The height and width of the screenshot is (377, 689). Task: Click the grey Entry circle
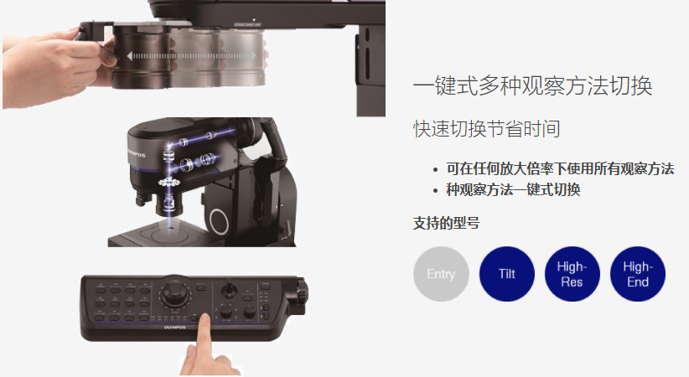click(x=441, y=274)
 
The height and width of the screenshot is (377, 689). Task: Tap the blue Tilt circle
click(x=506, y=274)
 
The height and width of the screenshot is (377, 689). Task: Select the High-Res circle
click(x=572, y=274)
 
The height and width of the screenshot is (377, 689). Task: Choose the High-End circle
click(x=638, y=274)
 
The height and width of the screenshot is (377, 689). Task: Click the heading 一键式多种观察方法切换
click(x=532, y=85)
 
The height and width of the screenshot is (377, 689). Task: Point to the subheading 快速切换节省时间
click(x=486, y=129)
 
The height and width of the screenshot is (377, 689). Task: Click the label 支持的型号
click(x=446, y=223)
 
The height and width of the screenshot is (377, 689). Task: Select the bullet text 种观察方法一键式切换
click(x=513, y=190)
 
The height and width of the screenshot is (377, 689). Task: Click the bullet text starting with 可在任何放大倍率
click(x=560, y=168)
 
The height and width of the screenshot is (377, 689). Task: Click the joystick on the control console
click(x=228, y=289)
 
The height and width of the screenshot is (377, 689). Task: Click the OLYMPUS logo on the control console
click(x=174, y=328)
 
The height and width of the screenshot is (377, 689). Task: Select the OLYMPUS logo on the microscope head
click(x=137, y=153)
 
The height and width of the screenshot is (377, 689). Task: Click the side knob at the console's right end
click(x=302, y=290)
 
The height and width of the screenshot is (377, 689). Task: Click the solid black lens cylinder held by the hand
click(x=142, y=56)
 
